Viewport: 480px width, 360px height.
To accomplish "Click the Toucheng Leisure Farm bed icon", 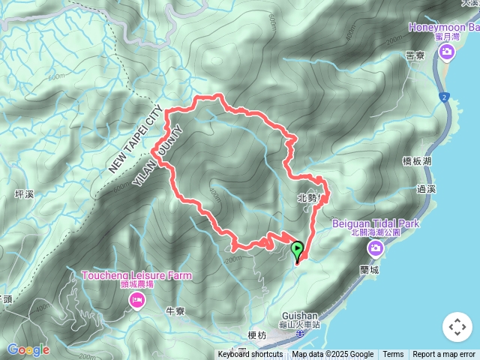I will (136, 301).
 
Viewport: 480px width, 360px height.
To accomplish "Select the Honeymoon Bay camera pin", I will (447, 52).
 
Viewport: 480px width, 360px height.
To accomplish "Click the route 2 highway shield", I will (445, 97).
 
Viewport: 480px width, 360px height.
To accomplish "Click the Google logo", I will (28, 349).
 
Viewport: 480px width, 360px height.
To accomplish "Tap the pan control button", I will (457, 327).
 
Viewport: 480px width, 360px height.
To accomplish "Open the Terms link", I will (393, 355).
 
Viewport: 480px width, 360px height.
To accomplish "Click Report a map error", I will (444, 355).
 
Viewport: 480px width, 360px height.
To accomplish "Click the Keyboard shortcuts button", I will (250, 355).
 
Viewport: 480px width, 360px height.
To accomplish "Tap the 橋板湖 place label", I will (416, 160).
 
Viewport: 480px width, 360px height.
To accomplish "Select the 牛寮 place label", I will (175, 308).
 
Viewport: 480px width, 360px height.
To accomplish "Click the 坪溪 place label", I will (24, 193).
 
